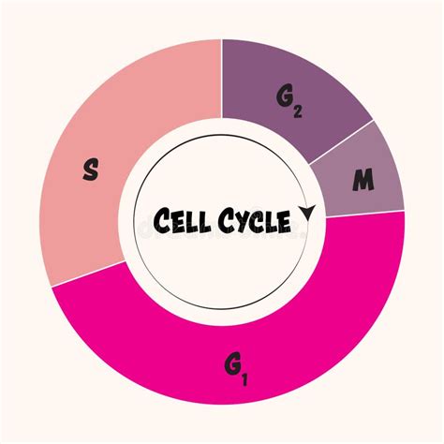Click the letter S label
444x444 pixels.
pyautogui.click(x=91, y=170)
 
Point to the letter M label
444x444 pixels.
pyautogui.click(x=363, y=180)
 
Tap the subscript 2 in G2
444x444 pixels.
pyautogui.click(x=298, y=111)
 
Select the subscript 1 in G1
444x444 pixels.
pyautogui.click(x=244, y=379)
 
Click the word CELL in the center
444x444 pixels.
pyautogui.click(x=182, y=220)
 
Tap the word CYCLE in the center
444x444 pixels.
pyautogui.click(x=255, y=221)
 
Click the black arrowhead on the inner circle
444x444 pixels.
pyautogui.click(x=307, y=213)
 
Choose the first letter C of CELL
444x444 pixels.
pyautogui.click(x=163, y=219)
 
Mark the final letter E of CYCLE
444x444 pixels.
pyautogui.click(x=284, y=222)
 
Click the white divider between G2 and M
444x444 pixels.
pyautogui.click(x=341, y=142)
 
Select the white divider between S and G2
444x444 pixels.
pyautogui.click(x=222, y=79)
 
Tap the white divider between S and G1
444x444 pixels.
pyautogui.click(x=88, y=274)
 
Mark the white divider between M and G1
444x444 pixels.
pyautogui.click(x=365, y=214)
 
